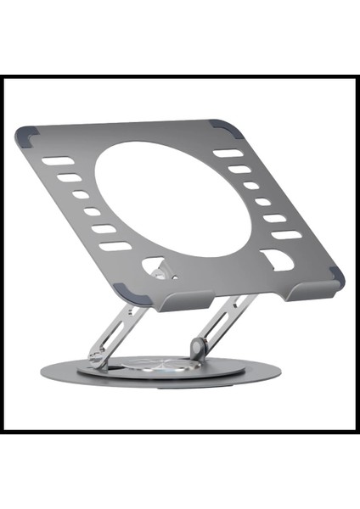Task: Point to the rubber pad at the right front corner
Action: (x=336, y=276)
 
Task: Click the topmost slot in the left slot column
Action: (x=56, y=160)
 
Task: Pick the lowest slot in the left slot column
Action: (x=115, y=247)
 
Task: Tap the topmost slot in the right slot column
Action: (x=227, y=154)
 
